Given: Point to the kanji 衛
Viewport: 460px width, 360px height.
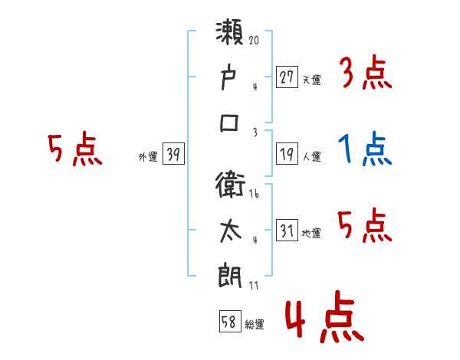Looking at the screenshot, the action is (x=231, y=185).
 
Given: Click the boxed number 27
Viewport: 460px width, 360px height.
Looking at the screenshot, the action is (x=287, y=77).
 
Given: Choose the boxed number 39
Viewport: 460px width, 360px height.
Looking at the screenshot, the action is (x=173, y=155).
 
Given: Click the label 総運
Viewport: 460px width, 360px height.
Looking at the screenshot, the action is (x=255, y=325).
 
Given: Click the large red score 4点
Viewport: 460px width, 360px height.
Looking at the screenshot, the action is (x=322, y=320).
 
